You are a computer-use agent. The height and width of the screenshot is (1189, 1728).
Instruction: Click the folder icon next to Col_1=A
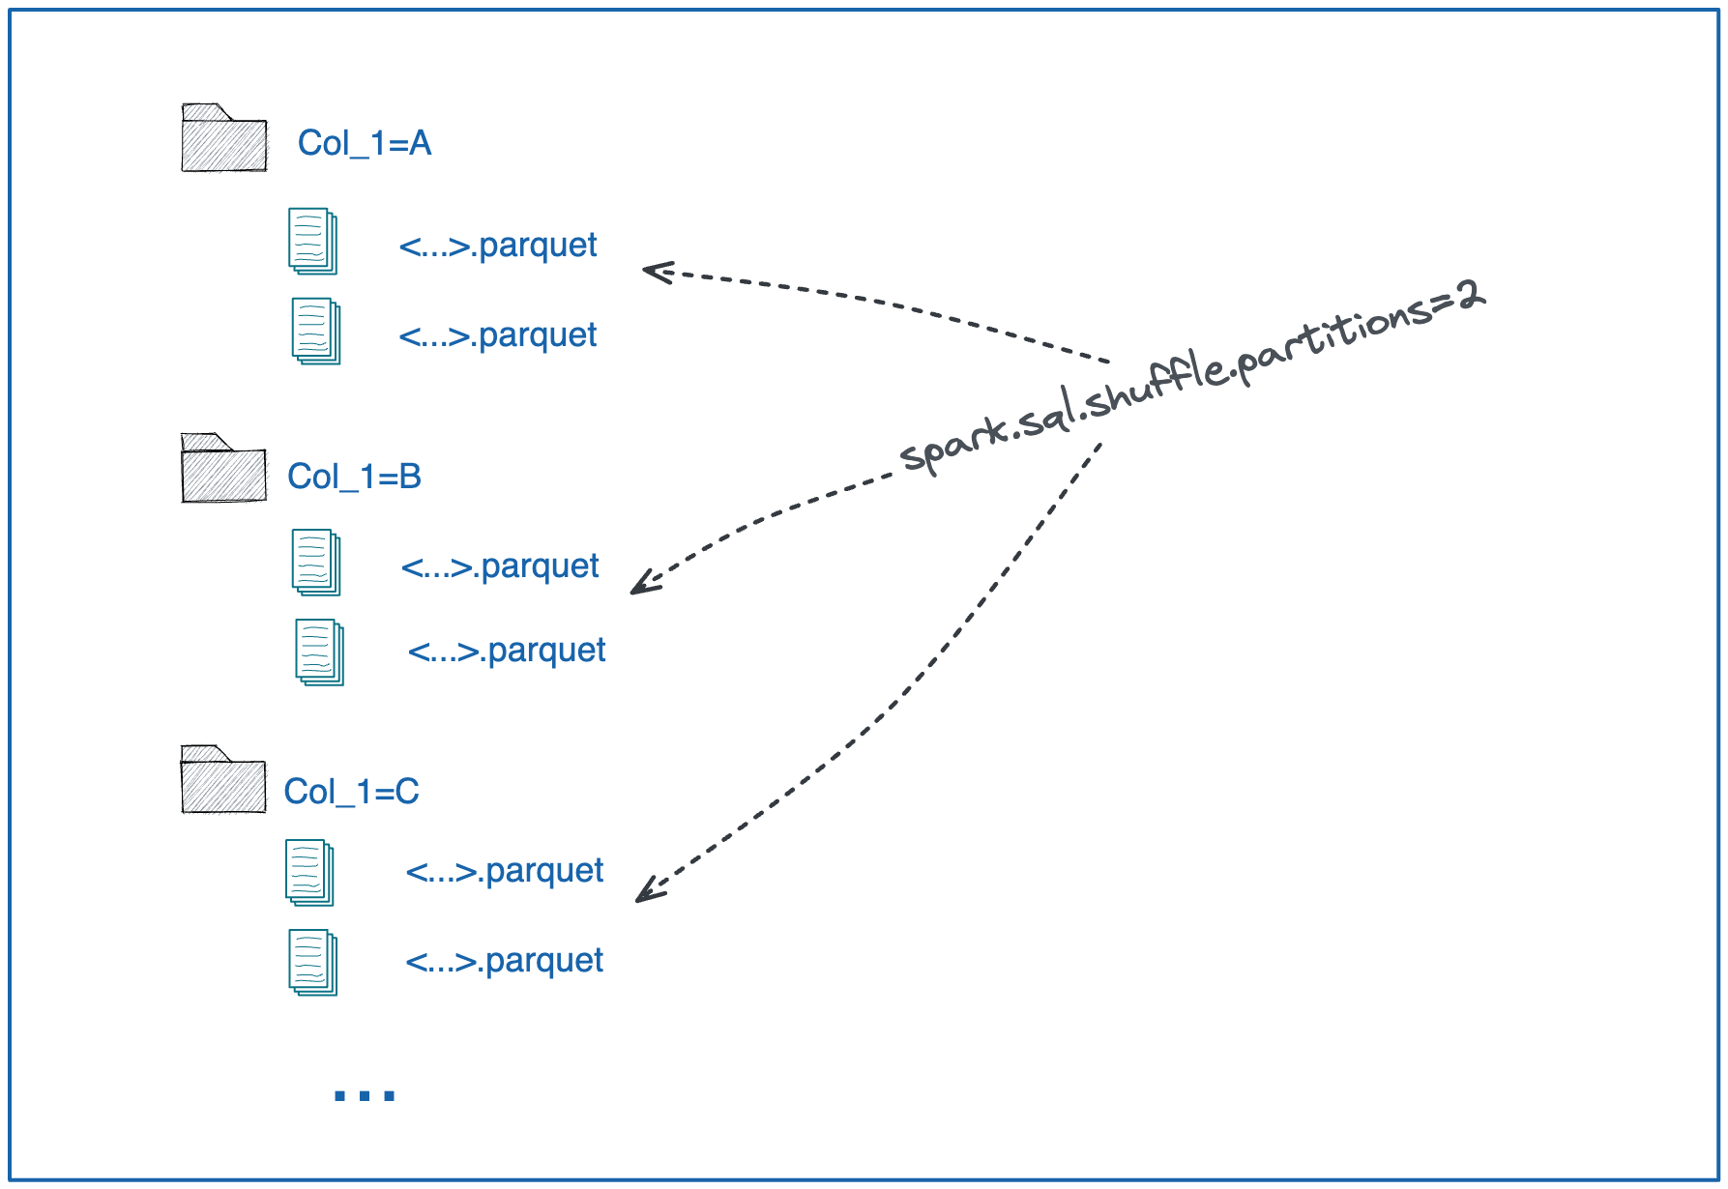pyautogui.click(x=223, y=139)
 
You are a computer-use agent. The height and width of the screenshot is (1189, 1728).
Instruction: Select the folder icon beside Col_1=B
pyautogui.click(x=223, y=470)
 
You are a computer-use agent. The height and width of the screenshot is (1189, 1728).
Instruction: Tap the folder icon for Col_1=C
pyautogui.click(x=222, y=781)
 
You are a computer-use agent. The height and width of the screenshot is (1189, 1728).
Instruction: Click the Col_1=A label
pyautogui.click(x=364, y=143)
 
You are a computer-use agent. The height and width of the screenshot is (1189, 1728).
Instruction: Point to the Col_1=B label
pyautogui.click(x=354, y=477)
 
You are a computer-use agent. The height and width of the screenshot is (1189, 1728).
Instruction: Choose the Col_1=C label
pyautogui.click(x=351, y=792)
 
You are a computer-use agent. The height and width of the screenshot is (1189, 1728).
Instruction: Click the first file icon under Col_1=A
pyautogui.click(x=312, y=241)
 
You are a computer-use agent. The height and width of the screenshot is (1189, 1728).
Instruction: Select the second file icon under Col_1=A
pyautogui.click(x=316, y=332)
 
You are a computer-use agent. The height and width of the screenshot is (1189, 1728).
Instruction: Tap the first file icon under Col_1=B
pyautogui.click(x=316, y=562)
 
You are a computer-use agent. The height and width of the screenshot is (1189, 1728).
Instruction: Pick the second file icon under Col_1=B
pyautogui.click(x=319, y=652)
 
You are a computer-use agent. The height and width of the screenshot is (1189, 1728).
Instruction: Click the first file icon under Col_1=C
pyautogui.click(x=309, y=873)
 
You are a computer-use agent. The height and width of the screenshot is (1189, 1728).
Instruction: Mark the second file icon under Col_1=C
pyautogui.click(x=313, y=963)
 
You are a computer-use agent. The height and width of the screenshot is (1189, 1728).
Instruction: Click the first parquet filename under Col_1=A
pyautogui.click(x=498, y=246)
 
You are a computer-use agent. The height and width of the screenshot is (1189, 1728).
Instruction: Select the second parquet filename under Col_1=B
pyautogui.click(x=507, y=651)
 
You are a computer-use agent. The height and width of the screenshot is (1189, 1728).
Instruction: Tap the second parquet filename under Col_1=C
pyautogui.click(x=504, y=961)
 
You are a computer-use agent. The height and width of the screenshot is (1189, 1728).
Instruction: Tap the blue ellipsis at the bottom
pyautogui.click(x=364, y=1095)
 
